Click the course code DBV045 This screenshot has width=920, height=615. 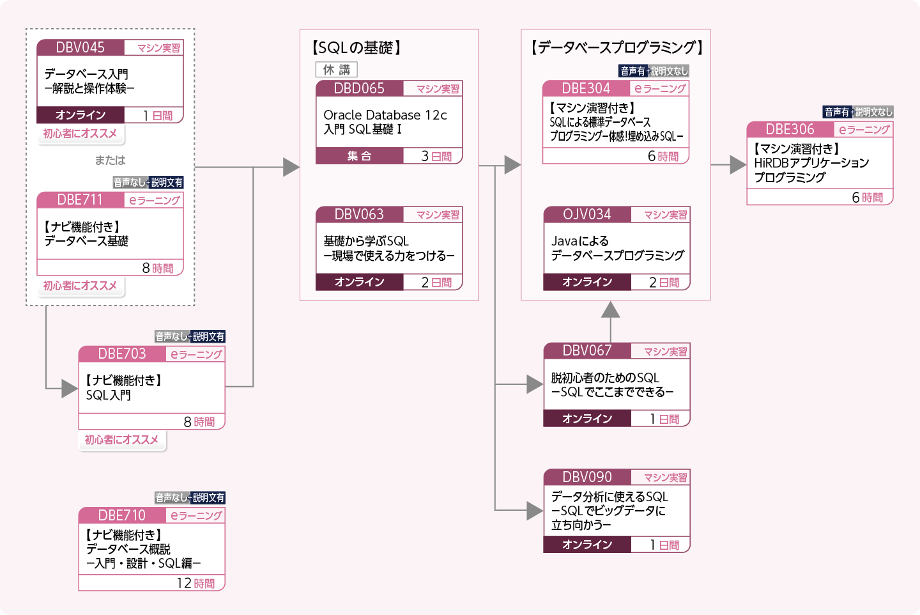80,47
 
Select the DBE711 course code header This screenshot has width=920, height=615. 80,199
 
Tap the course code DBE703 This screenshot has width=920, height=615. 122,354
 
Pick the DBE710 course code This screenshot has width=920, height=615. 122,515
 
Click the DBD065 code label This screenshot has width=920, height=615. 359,88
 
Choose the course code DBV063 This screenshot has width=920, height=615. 359,214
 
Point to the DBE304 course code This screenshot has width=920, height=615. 586,88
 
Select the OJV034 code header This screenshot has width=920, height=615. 586,214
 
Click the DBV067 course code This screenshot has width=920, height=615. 586,350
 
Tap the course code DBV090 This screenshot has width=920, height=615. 586,477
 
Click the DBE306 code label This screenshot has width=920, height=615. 790,129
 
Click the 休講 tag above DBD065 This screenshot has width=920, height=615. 337,70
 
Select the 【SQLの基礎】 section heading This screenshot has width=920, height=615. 356,48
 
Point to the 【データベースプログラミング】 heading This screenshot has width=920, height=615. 617,47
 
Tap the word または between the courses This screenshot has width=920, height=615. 110,160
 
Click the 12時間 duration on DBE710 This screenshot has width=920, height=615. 195,583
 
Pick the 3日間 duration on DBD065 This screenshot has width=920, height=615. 436,156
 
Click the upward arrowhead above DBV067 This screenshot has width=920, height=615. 611,310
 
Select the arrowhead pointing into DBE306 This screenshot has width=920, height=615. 738,165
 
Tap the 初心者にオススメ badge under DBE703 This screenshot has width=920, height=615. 121,440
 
